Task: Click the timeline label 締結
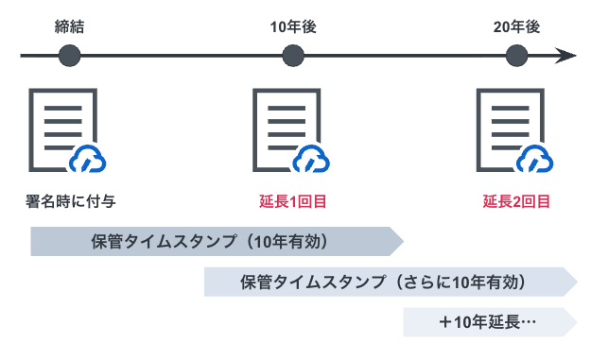tap(69, 27)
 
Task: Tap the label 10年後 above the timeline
tap(293, 27)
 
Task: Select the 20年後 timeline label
tap(516, 27)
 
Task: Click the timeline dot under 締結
tap(70, 56)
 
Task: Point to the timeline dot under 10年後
tap(293, 56)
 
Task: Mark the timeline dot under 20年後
tap(517, 56)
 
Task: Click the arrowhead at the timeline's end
tap(565, 56)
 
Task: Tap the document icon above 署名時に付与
tap(62, 129)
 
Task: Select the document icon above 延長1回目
tap(287, 129)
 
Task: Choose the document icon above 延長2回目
tap(511, 129)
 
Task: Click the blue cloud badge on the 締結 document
tap(88, 159)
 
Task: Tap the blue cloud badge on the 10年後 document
tap(311, 159)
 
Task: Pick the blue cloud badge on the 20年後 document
tap(534, 159)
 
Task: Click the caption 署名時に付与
tap(71, 201)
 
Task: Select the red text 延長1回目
tap(293, 201)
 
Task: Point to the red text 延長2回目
tap(516, 201)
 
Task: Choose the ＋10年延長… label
tap(488, 322)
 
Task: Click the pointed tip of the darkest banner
tap(403, 242)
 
